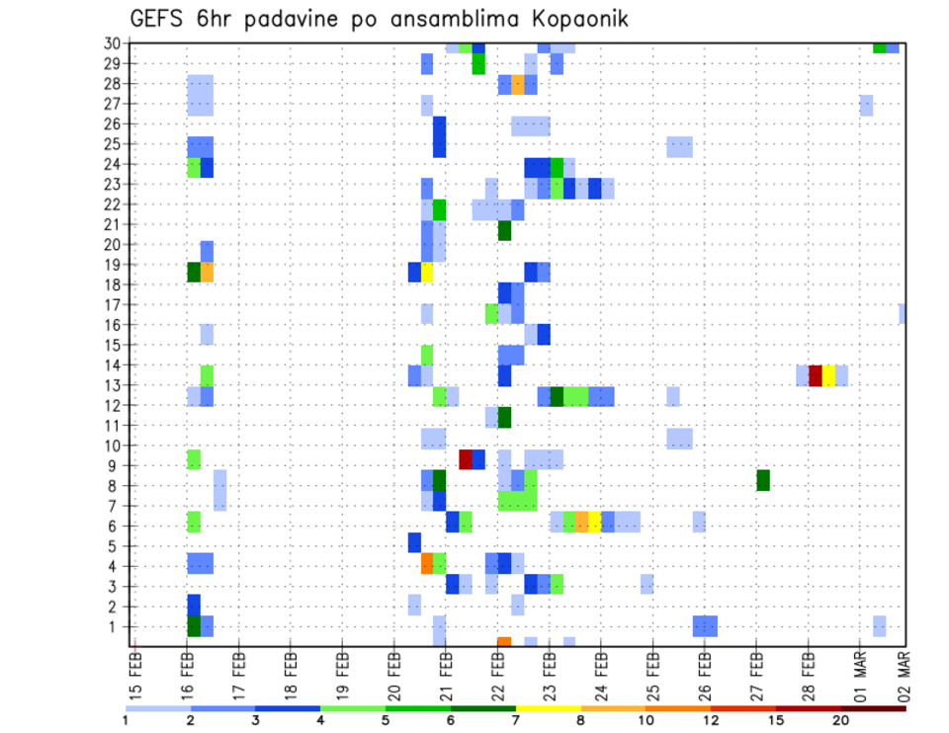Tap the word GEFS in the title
coord(160,19)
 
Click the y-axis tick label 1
coord(116,626)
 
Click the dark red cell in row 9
coord(466,459)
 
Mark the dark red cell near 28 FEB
coord(816,375)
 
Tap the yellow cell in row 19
coord(427,272)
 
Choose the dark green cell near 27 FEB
coord(763,480)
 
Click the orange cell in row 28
coord(518,85)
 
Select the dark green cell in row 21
coord(504,230)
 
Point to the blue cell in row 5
coord(414,542)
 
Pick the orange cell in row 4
coord(427,563)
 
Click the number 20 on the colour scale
coord(841,720)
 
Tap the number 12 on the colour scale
coord(711,720)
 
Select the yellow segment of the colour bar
coord(549,708)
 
